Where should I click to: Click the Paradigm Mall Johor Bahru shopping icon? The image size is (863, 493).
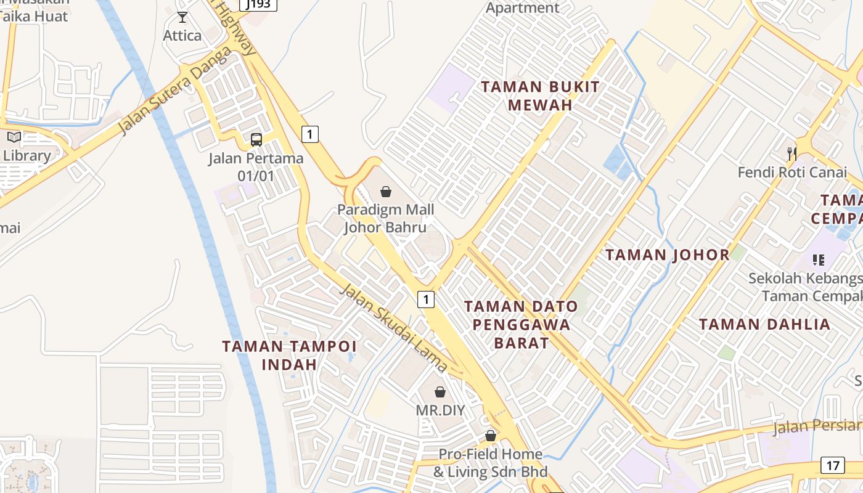coord(386,192)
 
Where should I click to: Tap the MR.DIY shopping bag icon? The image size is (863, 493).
coord(440,392)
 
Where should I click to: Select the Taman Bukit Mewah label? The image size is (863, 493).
coord(540,96)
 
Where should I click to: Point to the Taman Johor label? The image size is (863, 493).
coord(667,255)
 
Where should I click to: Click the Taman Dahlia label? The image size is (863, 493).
coord(764,324)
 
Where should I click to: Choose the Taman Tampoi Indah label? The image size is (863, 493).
coord(289,355)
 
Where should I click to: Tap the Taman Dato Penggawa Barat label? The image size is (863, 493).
coord(521,324)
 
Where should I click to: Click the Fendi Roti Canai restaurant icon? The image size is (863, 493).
coord(792,153)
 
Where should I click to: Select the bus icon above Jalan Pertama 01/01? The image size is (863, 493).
coord(256,139)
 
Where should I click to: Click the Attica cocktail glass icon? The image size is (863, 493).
coord(182,17)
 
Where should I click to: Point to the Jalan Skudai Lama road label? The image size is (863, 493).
coord(394,328)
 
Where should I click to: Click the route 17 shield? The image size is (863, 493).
coord(832,465)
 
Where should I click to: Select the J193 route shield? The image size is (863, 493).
coord(258,4)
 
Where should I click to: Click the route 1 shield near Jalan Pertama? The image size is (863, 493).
coord(310,134)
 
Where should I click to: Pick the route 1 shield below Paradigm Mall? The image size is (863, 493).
coord(426,299)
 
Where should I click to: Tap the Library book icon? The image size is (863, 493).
coord(14,137)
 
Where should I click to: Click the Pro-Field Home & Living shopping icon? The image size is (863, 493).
coord(491,436)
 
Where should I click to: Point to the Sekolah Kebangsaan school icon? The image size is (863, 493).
coord(818,260)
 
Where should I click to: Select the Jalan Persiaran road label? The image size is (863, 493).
coord(817,426)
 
